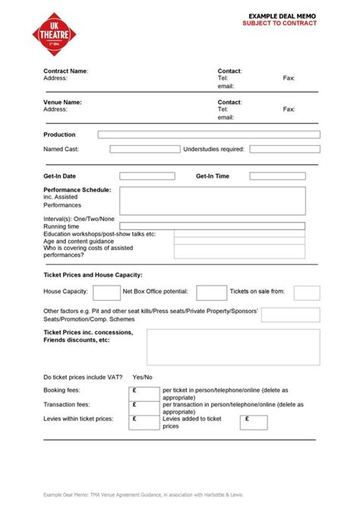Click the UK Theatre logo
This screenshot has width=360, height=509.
coord(55,33)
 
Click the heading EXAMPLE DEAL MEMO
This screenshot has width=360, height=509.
coord(282,15)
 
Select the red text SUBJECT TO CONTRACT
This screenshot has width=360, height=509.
coord(281,23)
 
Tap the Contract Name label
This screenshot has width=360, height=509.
coord(65,71)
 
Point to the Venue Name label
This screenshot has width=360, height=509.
coord(62,102)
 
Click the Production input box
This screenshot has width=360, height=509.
coord(209,134)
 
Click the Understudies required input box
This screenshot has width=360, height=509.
coord(283,150)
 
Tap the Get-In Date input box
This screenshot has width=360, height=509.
coord(147,176)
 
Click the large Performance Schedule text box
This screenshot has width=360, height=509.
coord(213,201)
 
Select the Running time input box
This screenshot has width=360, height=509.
coord(213,226)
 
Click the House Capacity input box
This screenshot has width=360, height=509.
coord(106,292)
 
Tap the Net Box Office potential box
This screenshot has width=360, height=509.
coord(211,292)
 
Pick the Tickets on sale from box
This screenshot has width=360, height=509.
coord(307,292)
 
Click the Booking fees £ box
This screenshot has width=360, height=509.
coord(144,393)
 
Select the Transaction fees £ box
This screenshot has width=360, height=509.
coord(144,406)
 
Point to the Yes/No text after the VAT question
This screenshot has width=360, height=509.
coord(142,377)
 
